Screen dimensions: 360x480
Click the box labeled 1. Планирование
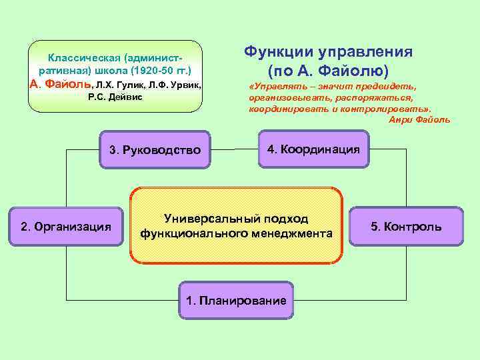(x=237, y=301)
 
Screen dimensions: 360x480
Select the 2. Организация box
(x=66, y=227)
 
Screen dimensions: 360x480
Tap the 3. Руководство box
(x=154, y=150)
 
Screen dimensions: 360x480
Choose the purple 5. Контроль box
(x=406, y=227)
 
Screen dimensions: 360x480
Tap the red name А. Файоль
(x=61, y=85)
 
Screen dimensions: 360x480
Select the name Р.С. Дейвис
(x=115, y=98)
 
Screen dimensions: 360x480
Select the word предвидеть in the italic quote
(x=389, y=87)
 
